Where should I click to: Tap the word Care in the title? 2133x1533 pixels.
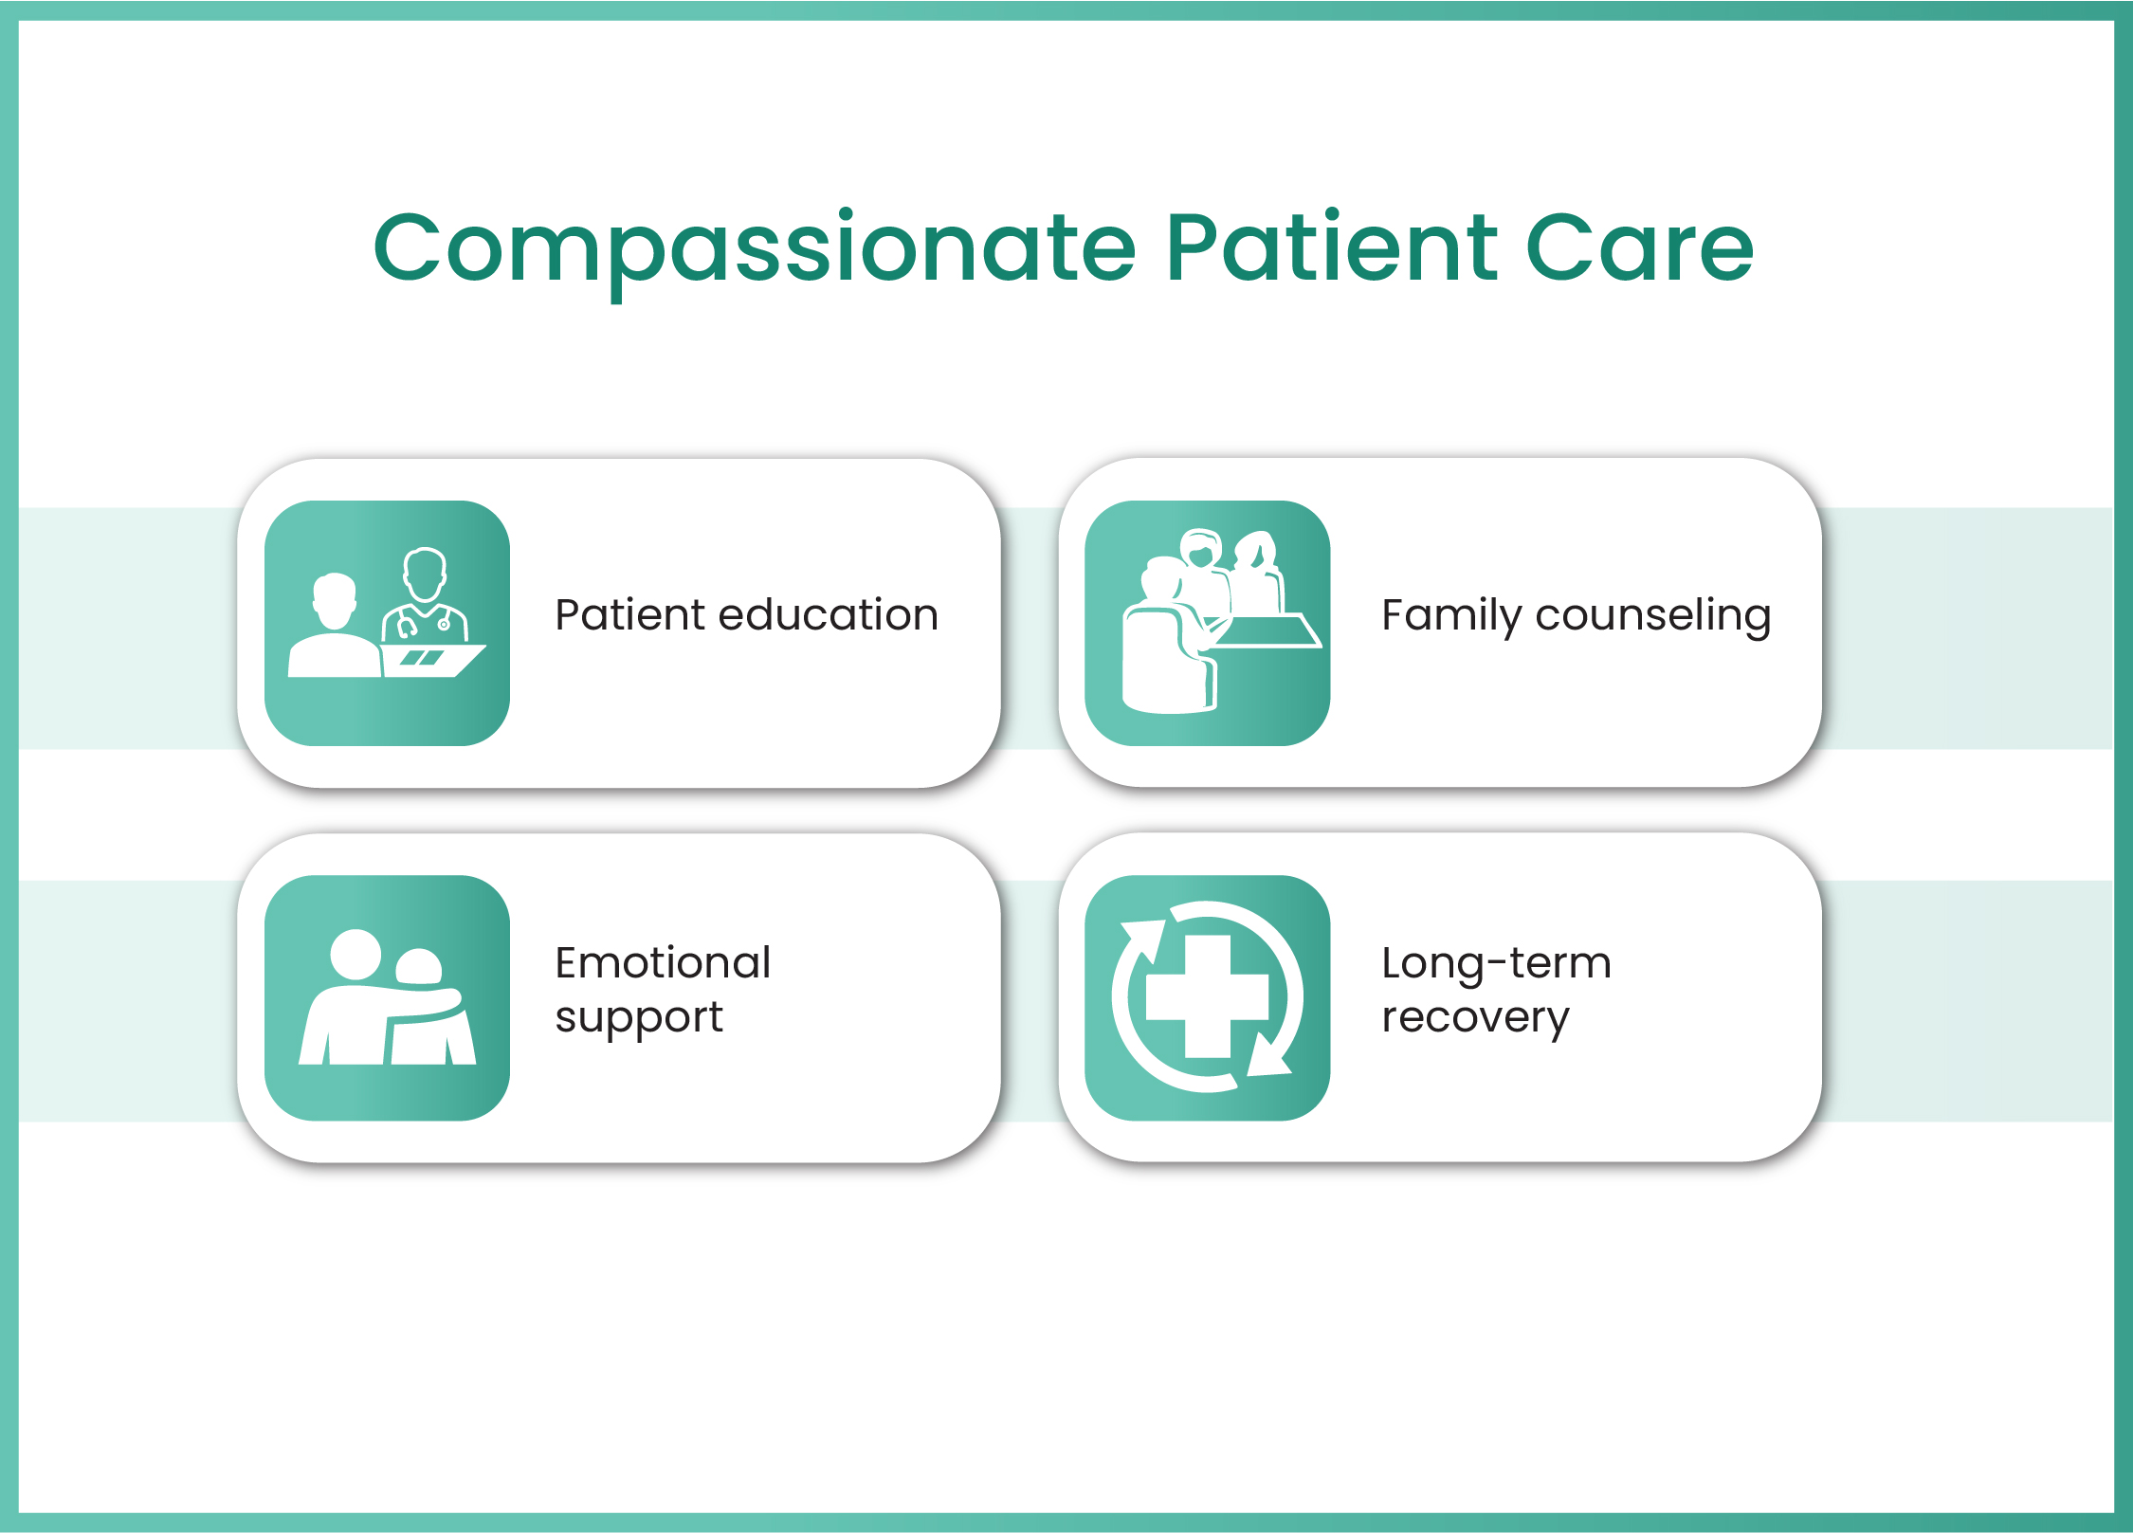point(1640,248)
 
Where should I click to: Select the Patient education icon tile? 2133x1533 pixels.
point(387,623)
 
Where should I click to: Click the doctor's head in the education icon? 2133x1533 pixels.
point(425,574)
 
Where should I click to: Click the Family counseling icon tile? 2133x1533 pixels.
point(1207,623)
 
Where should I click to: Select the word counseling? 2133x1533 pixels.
point(1653,616)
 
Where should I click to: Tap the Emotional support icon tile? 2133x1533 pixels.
point(387,997)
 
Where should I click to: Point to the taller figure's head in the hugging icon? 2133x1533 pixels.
point(355,955)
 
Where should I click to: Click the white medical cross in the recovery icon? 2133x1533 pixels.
point(1207,996)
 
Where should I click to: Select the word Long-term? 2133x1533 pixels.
point(1496,964)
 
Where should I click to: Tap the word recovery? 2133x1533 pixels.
point(1475,1019)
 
